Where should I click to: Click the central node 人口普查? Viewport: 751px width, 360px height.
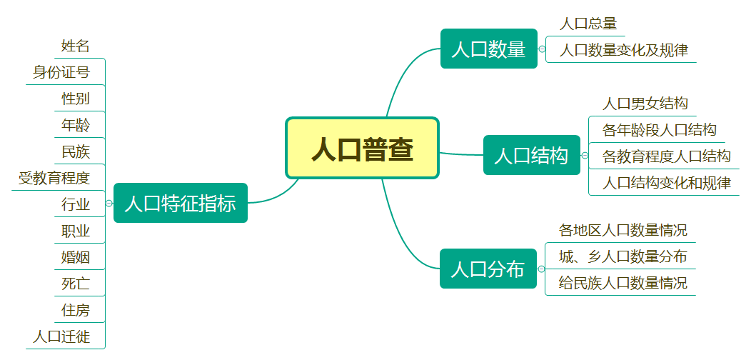362,148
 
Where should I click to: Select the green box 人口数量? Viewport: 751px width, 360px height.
488,49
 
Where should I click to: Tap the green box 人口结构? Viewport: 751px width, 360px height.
531,155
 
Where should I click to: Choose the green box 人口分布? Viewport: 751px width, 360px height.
488,269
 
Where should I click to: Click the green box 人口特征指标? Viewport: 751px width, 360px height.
180,203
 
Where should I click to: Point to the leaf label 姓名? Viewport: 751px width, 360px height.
76,46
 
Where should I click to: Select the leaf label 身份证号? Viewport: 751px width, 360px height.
61,73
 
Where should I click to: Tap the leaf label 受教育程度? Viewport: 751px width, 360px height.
54,178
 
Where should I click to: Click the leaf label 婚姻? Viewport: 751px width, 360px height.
76,257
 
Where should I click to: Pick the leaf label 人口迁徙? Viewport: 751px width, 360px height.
61,336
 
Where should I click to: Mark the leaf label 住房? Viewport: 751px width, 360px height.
76,310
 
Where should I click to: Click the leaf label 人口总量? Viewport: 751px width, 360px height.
588,24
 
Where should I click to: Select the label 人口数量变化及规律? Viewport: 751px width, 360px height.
624,50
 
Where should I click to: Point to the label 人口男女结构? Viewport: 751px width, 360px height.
645,104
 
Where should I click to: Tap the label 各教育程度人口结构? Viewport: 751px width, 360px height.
667,156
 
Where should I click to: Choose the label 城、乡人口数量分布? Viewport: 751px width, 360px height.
623,256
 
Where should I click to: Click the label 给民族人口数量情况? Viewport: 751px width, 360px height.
623,283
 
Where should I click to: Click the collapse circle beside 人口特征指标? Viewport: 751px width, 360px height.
109,204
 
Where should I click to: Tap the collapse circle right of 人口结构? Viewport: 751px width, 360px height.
585,155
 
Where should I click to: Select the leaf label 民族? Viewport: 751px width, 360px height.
76,151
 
